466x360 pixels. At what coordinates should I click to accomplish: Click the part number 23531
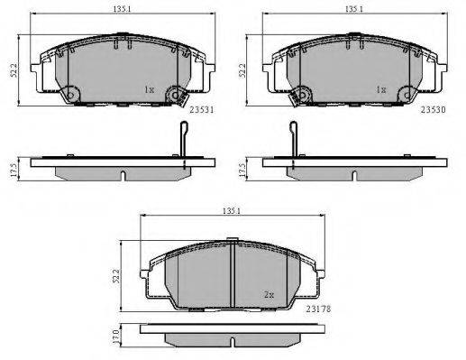point(202,109)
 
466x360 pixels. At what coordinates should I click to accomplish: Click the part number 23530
point(433,109)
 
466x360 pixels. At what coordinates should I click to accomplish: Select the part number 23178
point(318,309)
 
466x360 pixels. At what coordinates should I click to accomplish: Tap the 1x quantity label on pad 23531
point(149,89)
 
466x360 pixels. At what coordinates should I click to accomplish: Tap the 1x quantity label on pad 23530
point(381,89)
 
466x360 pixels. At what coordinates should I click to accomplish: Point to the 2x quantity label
point(269,295)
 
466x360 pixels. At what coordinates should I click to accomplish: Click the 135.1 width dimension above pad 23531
point(122,9)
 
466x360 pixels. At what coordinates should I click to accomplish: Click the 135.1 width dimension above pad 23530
point(354,9)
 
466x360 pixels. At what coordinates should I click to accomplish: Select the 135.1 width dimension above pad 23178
point(232,211)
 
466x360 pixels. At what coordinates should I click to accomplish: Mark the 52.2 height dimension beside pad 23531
point(14,70)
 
